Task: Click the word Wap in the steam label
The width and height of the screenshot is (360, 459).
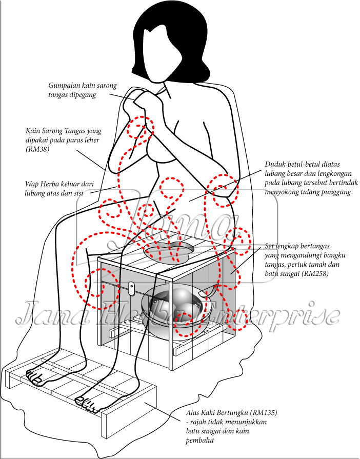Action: coord(32,184)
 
